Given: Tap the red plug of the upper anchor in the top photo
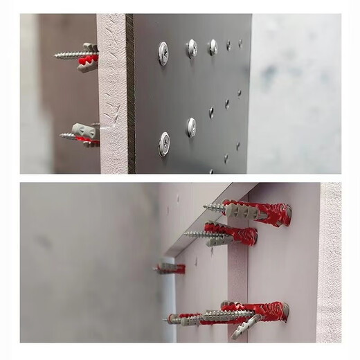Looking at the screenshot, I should click(89, 61).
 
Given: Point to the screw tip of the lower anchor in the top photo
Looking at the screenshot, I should click(62, 136).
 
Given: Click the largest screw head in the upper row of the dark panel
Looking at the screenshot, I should click(163, 53).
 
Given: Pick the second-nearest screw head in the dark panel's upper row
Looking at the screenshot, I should click(192, 48).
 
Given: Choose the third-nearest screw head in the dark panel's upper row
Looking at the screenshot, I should click(213, 46).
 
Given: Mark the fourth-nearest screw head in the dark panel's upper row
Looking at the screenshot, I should click(228, 45).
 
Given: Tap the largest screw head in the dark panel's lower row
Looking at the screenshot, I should click(164, 143).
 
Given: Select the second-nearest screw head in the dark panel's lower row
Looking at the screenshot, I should click(191, 127).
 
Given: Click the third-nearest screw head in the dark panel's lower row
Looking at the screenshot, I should click(211, 112).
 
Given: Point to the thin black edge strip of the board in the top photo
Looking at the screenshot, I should click(130, 93).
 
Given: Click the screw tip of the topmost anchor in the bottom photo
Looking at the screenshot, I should click(205, 206).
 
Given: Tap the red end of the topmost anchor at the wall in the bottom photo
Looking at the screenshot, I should click(282, 215).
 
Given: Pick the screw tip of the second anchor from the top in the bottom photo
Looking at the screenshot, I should click(186, 234).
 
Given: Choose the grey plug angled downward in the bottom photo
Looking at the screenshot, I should click(246, 327).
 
